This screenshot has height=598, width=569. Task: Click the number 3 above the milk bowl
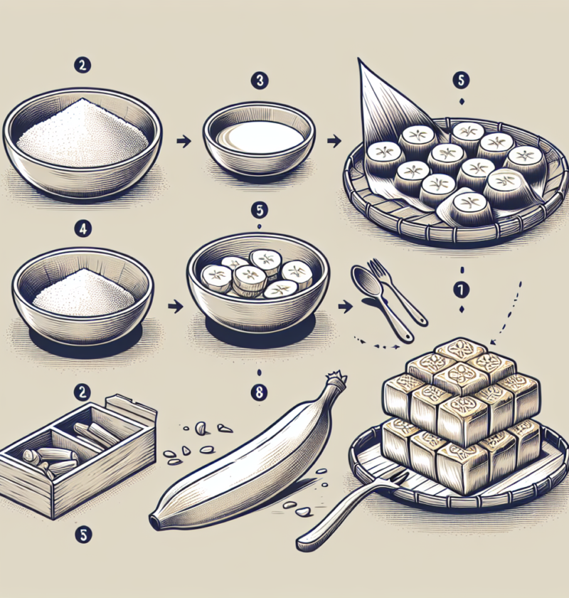[x=260, y=81]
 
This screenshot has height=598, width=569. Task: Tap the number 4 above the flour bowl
[x=80, y=229]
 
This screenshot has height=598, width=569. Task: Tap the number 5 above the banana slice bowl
[x=258, y=211]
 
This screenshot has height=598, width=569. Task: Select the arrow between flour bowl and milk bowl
[x=183, y=142]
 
